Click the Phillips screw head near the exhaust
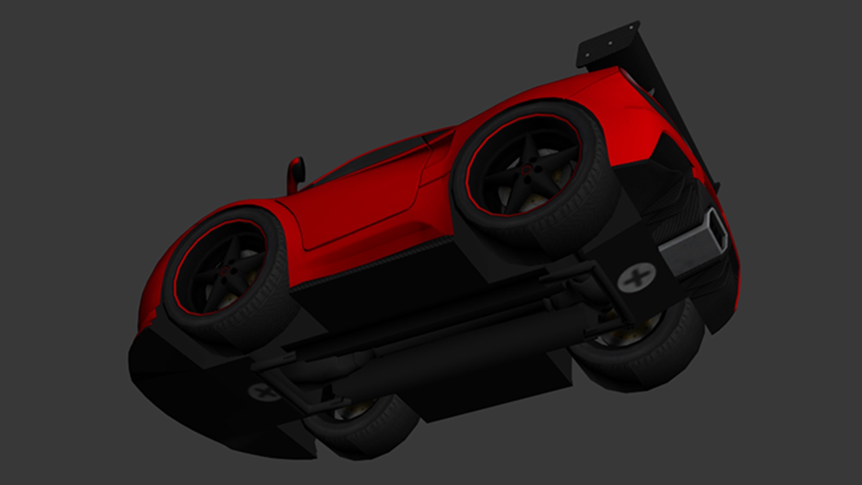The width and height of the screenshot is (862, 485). click(x=636, y=279)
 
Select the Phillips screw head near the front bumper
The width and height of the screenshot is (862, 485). click(x=259, y=392)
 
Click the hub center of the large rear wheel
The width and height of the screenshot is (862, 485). click(x=525, y=170)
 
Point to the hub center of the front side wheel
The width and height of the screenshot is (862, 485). click(x=225, y=269)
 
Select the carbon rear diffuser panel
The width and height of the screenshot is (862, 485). click(x=673, y=193)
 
